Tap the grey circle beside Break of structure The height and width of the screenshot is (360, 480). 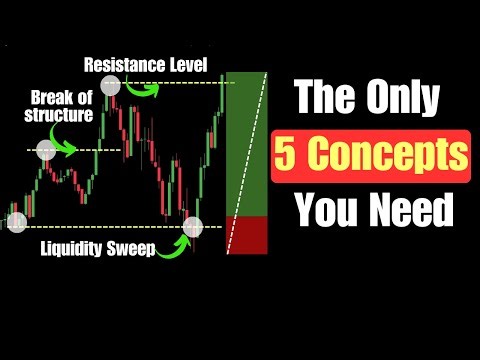point(46,150)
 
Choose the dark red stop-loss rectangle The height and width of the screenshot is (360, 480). point(248,234)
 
